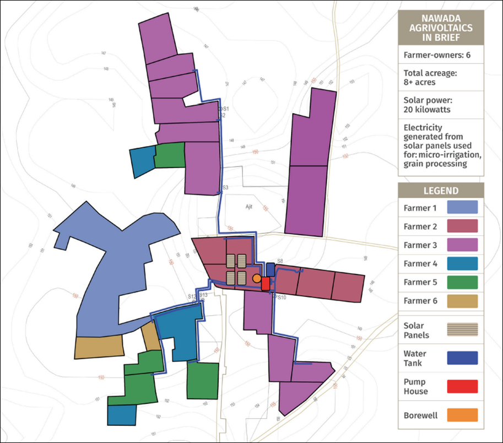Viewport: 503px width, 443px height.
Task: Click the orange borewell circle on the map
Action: click(x=256, y=279)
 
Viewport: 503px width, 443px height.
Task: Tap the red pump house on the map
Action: click(x=266, y=283)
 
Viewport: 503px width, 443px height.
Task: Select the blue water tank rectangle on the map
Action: click(x=270, y=269)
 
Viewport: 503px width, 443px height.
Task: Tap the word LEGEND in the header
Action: click(x=441, y=191)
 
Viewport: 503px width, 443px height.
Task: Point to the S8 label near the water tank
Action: click(x=280, y=261)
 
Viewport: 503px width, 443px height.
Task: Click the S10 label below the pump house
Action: click(x=280, y=298)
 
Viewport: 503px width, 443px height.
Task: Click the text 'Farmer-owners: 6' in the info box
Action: click(x=436, y=55)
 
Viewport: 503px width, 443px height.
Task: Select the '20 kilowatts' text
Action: click(x=426, y=109)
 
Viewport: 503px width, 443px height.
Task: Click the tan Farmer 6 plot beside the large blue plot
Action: click(x=98, y=347)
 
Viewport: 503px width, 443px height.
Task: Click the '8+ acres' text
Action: click(x=419, y=82)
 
